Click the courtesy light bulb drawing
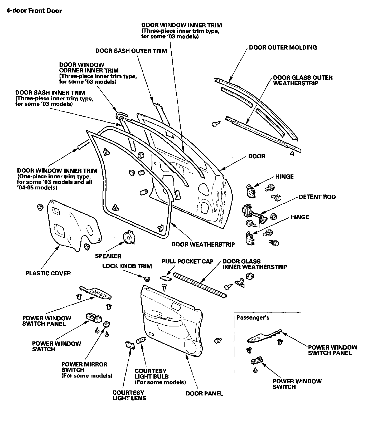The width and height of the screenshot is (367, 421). tap(140, 341)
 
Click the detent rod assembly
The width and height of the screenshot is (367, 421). tap(253, 213)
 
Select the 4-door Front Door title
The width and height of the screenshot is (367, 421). tap(34, 11)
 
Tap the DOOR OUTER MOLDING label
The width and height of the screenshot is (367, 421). tap(283, 48)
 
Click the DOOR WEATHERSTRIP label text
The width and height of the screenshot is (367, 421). tap(203, 244)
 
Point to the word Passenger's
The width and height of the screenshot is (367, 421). tap(253, 317)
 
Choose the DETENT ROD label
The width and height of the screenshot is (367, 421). tap(317, 197)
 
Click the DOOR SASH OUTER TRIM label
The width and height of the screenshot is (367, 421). tap(131, 51)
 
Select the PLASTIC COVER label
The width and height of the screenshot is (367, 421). tap(48, 273)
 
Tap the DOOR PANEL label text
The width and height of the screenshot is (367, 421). tap(204, 393)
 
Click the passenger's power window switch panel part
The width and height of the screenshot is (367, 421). tap(264, 337)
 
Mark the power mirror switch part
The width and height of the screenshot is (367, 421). tap(107, 324)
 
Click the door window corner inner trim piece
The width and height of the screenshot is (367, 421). tap(120, 115)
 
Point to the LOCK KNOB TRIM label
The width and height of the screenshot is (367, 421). tap(127, 266)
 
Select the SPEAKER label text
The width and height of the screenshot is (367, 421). tap(108, 256)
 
